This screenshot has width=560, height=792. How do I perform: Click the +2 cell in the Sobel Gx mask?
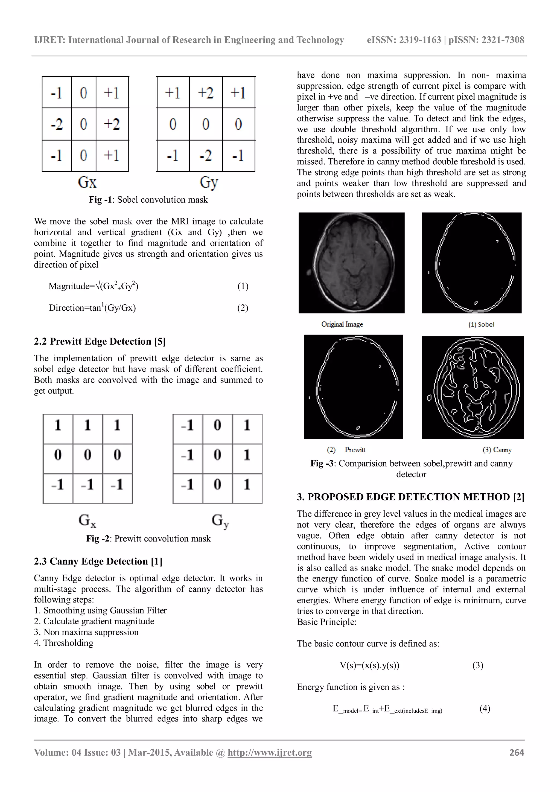tap(112, 124)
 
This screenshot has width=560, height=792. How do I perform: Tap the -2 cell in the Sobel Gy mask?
tap(206, 156)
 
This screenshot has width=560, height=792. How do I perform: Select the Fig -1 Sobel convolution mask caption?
tap(148, 200)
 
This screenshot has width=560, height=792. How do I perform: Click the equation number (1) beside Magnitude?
tap(243, 286)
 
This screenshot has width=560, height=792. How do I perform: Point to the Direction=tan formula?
tap(92, 308)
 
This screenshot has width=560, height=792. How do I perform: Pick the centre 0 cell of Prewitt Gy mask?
tap(217, 455)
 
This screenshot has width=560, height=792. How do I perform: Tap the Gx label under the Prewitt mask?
tap(87, 520)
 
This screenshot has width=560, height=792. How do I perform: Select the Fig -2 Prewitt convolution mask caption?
tap(148, 538)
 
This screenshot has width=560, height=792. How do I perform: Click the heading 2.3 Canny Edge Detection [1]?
tap(98, 561)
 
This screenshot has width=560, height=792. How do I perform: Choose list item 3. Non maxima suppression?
tap(86, 632)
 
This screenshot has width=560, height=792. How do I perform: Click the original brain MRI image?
tap(351, 263)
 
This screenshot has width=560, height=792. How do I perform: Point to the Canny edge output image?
tap(472, 387)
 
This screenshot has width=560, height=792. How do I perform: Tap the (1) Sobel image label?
tap(481, 324)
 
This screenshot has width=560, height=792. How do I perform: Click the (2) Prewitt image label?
tap(346, 450)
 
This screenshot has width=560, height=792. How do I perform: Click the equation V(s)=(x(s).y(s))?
tap(369, 665)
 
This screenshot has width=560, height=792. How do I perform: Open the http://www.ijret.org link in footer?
tap(269, 752)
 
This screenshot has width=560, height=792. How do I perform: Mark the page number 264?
tap(517, 752)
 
